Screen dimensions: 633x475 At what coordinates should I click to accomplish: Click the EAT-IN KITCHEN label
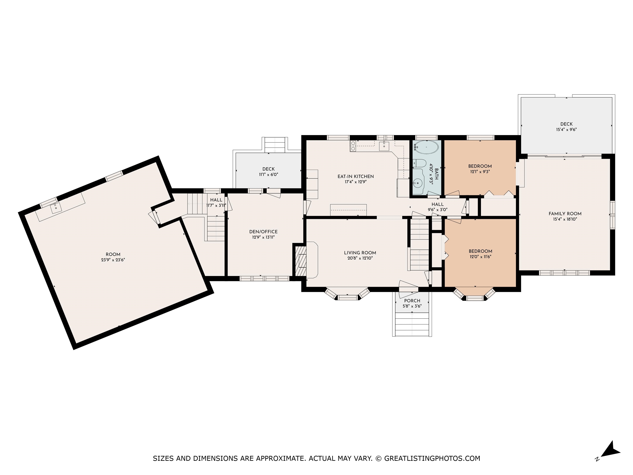tap(356, 176)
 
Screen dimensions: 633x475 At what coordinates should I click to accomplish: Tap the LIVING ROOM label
tap(360, 253)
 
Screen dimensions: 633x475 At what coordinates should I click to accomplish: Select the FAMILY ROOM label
tap(565, 214)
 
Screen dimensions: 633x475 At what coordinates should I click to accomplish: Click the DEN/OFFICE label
tap(263, 232)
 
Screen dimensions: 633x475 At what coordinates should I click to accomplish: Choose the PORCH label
tap(412, 301)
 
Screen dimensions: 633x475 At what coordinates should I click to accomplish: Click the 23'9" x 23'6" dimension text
tap(113, 260)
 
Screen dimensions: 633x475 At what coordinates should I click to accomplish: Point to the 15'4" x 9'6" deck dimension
tap(566, 129)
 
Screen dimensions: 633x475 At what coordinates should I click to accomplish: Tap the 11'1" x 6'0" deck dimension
tap(268, 174)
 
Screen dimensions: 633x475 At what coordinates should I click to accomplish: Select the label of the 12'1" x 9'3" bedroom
tap(480, 166)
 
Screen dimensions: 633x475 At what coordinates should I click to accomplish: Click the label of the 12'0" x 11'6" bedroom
tap(481, 251)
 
